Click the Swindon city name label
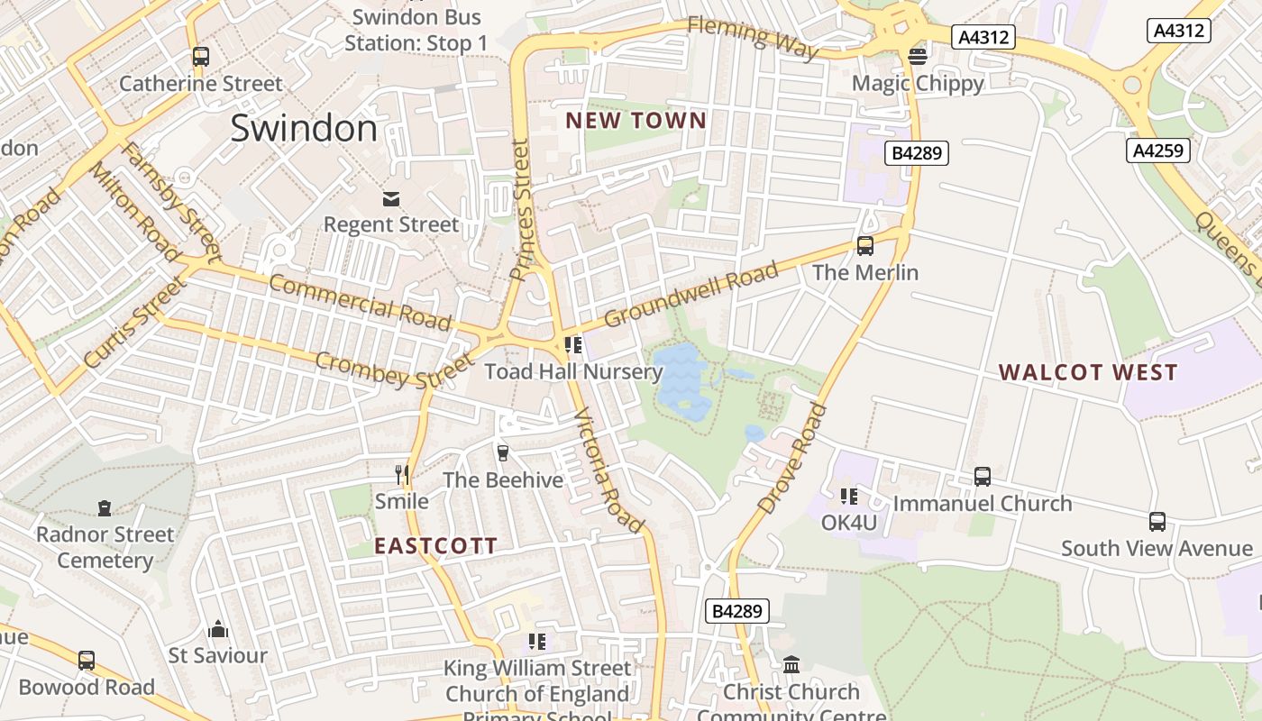coord(304,128)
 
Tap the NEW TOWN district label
coord(636,121)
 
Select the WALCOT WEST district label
coord(1088,372)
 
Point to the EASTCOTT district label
coord(435,545)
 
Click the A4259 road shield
coord(1157,151)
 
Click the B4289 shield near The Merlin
coord(917,153)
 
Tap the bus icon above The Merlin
coord(865,245)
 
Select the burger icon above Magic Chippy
coord(918,57)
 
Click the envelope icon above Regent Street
coord(391,198)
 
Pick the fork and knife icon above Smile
coord(402,474)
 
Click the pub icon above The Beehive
coord(503,452)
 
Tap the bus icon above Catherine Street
coord(201,57)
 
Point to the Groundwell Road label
coord(690,295)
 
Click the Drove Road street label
coord(792,459)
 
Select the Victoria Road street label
coord(609,470)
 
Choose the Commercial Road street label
coord(361,302)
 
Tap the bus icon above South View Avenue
coord(1157,521)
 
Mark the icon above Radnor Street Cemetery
coord(105,508)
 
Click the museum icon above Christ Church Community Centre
coord(791,664)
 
